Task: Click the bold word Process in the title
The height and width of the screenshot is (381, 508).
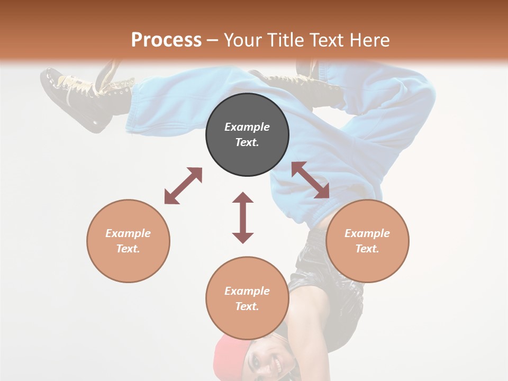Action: pos(166,40)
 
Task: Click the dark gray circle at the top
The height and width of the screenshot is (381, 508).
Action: pos(247,135)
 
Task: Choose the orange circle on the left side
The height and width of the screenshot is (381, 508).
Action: pos(128,241)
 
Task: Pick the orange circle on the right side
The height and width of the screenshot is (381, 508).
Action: pos(367,241)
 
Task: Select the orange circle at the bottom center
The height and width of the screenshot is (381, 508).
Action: pos(247,298)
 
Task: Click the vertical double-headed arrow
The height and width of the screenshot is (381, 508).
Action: pos(243,217)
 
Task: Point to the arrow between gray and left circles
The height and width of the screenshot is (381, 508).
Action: pos(183,186)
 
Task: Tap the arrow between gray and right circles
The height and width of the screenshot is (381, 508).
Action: pos(311,180)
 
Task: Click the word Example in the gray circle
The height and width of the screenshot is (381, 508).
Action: pos(247,127)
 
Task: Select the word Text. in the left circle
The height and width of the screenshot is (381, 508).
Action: pos(128,249)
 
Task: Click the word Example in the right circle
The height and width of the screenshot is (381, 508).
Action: pos(367,233)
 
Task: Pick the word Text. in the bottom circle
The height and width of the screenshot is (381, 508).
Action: pos(247,306)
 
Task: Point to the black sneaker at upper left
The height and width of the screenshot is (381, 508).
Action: pos(79,95)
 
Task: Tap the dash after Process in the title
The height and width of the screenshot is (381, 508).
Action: pos(212,40)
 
